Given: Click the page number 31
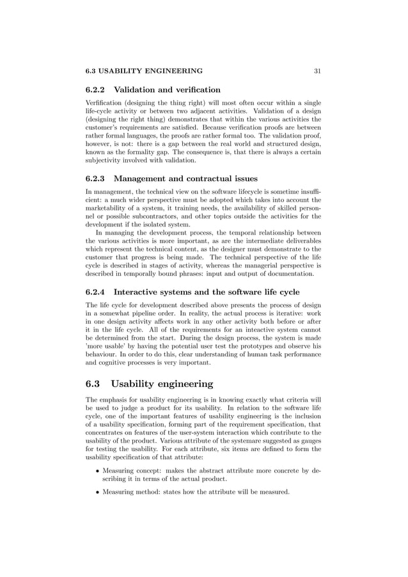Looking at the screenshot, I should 317,71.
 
